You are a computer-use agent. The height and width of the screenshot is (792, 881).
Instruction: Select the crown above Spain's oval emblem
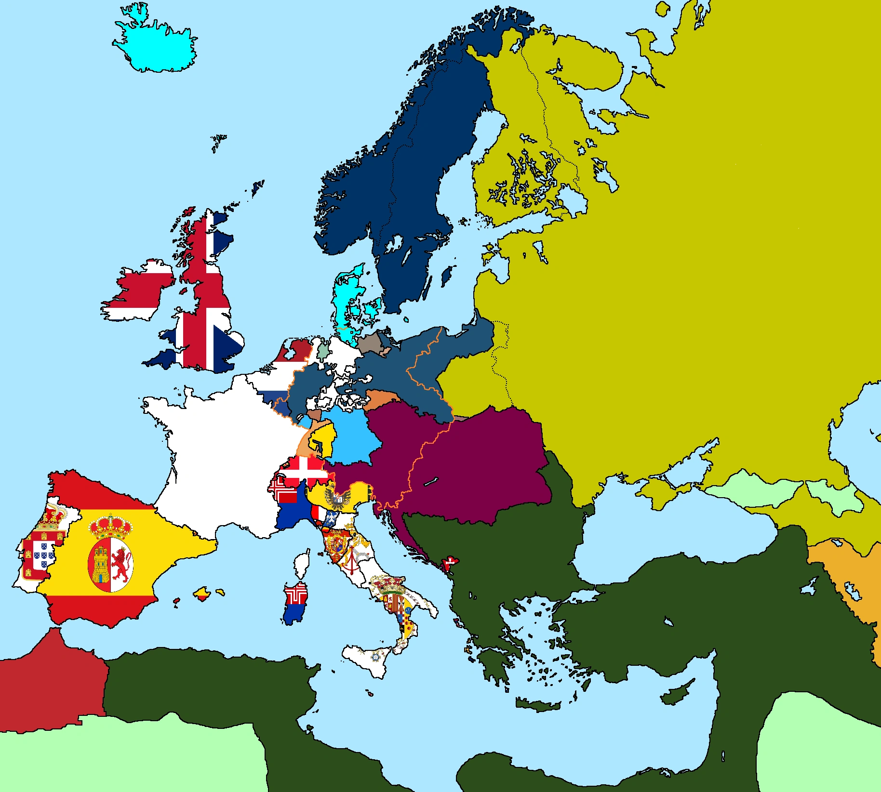110,526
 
